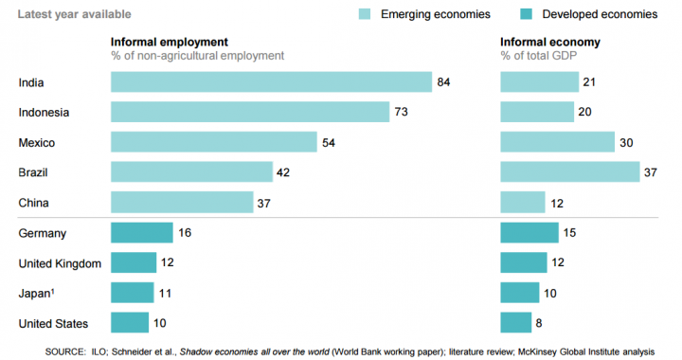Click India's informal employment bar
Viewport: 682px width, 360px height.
click(x=271, y=82)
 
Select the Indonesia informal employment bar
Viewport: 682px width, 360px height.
click(x=250, y=113)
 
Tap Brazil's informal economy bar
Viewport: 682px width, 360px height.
click(x=569, y=172)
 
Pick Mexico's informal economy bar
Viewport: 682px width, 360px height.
click(x=557, y=142)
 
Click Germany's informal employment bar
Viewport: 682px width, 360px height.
click(x=142, y=232)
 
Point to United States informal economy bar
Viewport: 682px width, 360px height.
click(x=516, y=323)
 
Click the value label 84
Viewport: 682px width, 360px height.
click(x=443, y=82)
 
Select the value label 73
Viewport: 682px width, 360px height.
click(x=401, y=113)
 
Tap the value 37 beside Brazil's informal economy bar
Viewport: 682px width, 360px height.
click(x=651, y=172)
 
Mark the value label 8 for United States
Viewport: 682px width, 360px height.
click(x=540, y=323)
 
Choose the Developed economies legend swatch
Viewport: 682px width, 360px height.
click(x=529, y=14)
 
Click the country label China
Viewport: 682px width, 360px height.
click(x=34, y=203)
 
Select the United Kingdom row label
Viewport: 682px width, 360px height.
click(x=60, y=263)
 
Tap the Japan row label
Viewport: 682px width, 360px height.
click(x=36, y=294)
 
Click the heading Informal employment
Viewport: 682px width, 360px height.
click(x=170, y=43)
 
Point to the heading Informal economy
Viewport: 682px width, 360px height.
click(x=549, y=43)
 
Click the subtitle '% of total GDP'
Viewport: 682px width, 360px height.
click(x=539, y=56)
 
